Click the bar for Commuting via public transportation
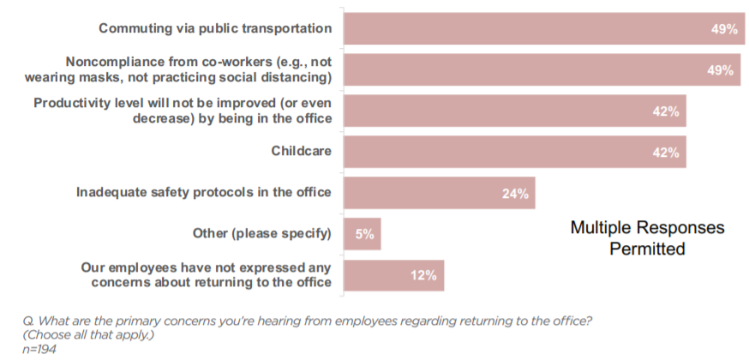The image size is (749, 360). click(544, 28)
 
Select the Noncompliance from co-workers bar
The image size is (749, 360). click(542, 69)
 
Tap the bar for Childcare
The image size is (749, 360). click(515, 152)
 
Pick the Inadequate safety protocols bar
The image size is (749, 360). click(440, 193)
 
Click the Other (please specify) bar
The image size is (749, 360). click(363, 234)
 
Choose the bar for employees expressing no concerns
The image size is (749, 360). click(394, 275)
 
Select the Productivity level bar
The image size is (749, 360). click(515, 111)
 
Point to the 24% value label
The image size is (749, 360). click(515, 194)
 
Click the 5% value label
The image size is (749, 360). click(364, 235)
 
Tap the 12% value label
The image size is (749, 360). click(423, 276)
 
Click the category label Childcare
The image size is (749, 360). click(302, 151)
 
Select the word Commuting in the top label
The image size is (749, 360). click(128, 28)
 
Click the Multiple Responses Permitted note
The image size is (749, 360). click(648, 238)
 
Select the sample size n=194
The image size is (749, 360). click(39, 349)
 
